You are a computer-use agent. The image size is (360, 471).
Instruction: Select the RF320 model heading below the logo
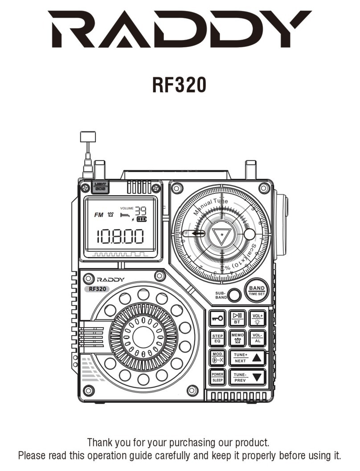pyautogui.click(x=180, y=85)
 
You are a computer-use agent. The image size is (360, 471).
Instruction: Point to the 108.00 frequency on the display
pyautogui.click(x=121, y=237)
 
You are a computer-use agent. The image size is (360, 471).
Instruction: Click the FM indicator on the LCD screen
pyautogui.click(x=98, y=215)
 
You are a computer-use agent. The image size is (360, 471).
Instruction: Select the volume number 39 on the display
pyautogui.click(x=141, y=210)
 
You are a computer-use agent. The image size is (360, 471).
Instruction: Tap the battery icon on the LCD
pyautogui.click(x=141, y=220)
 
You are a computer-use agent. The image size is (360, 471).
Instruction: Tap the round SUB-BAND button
pyautogui.click(x=234, y=295)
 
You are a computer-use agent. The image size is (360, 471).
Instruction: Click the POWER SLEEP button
pyautogui.click(x=217, y=377)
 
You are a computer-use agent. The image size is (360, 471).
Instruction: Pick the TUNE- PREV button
pyautogui.click(x=247, y=377)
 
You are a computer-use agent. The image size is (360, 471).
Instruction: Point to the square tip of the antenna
pyautogui.click(x=88, y=136)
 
